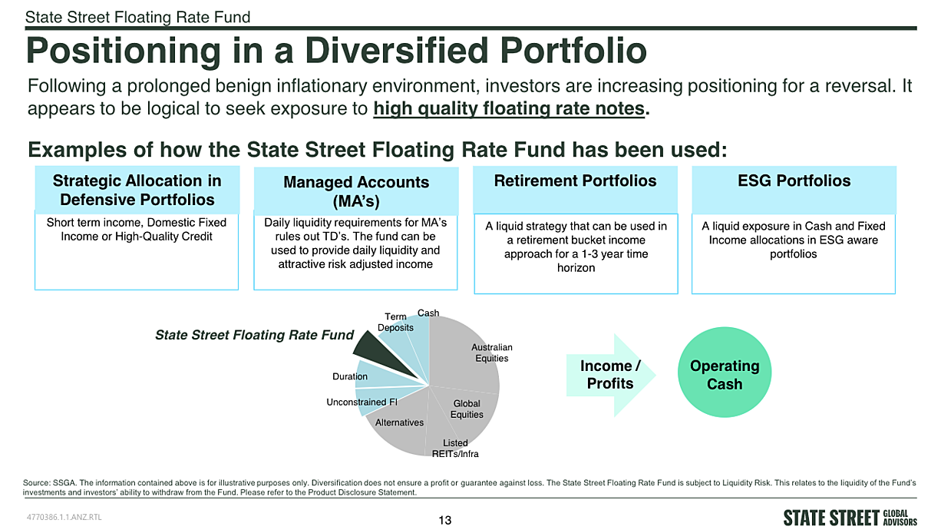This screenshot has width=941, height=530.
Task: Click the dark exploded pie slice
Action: click(x=378, y=353)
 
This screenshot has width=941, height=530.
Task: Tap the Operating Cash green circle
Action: click(x=725, y=372)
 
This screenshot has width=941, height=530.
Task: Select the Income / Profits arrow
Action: click(x=611, y=375)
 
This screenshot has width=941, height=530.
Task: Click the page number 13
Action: click(x=445, y=520)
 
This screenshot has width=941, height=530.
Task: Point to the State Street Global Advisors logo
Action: click(x=850, y=518)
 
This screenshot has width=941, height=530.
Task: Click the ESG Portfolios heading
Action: click(x=794, y=181)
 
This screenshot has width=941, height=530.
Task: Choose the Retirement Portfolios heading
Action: click(x=575, y=181)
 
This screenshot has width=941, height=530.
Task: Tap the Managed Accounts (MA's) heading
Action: click(x=356, y=192)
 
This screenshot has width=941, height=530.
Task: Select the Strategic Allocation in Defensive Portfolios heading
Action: click(x=137, y=190)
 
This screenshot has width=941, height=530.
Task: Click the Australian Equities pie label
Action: click(x=491, y=353)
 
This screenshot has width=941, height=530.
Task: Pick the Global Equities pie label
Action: click(x=467, y=409)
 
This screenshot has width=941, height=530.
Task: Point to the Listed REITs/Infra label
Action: click(x=455, y=449)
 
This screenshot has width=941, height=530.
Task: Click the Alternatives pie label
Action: click(x=399, y=422)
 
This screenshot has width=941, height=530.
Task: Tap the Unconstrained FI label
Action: click(x=362, y=402)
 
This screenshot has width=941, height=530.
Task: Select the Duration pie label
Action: click(x=350, y=376)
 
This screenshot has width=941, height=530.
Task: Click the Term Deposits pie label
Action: click(x=395, y=322)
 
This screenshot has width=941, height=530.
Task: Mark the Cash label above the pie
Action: click(x=428, y=313)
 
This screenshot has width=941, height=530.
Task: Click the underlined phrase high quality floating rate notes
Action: click(x=509, y=108)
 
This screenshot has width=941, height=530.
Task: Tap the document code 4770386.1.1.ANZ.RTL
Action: click(x=64, y=517)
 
